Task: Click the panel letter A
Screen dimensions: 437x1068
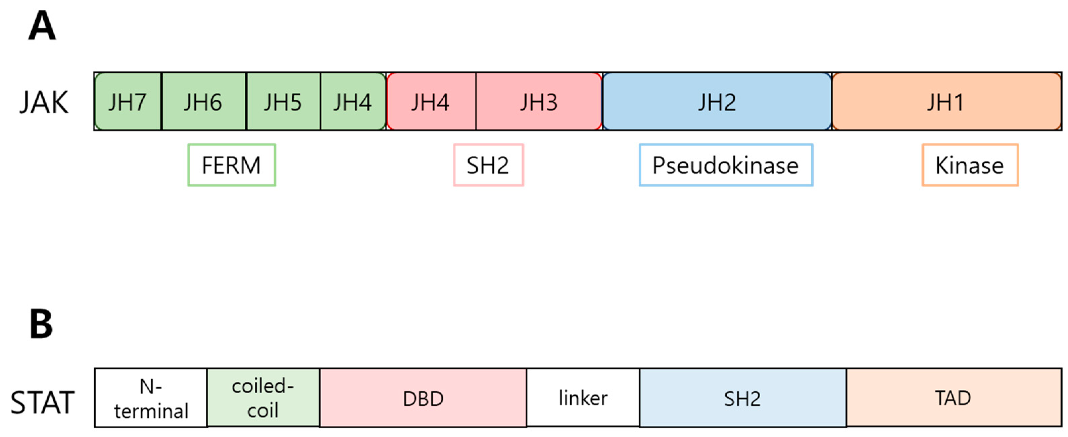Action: pyautogui.click(x=42, y=26)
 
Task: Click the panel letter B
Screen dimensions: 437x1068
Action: pyautogui.click(x=41, y=324)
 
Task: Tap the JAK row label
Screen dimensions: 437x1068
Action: pyautogui.click(x=44, y=102)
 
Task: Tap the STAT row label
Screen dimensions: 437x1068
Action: pyautogui.click(x=42, y=402)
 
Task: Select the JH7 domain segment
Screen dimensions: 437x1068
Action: pyautogui.click(x=128, y=102)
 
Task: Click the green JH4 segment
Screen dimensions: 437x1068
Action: pyautogui.click(x=352, y=102)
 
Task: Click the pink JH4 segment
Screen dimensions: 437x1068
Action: pyautogui.click(x=430, y=102)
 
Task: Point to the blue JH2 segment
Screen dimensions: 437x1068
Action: pyautogui.click(x=717, y=102)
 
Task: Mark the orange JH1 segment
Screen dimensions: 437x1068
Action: pyautogui.click(x=946, y=102)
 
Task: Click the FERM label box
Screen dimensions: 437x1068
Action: pyautogui.click(x=231, y=165)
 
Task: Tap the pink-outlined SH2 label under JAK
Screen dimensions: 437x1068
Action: pyautogui.click(x=488, y=165)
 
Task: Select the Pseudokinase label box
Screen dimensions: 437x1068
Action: pyautogui.click(x=726, y=165)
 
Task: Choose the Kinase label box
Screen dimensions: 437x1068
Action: pyautogui.click(x=970, y=165)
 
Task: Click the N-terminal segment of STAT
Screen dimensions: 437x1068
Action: pyautogui.click(x=151, y=398)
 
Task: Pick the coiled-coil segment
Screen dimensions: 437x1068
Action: pyautogui.click(x=263, y=398)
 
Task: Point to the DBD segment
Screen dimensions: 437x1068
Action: pyautogui.click(x=423, y=398)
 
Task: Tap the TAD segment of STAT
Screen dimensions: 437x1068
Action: pyautogui.click(x=953, y=398)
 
